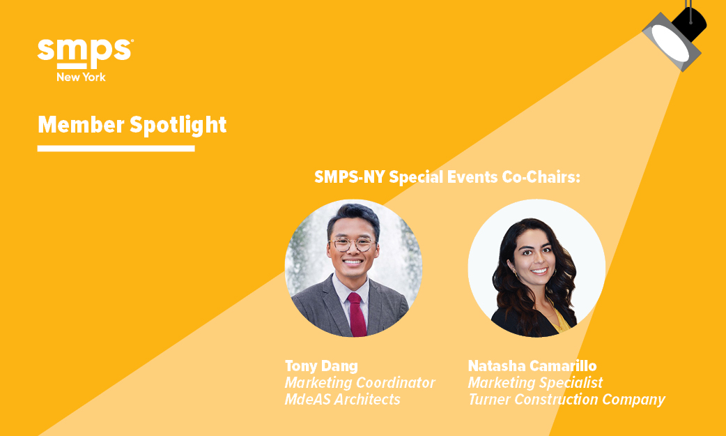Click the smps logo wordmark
click(86, 52)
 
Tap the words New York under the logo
click(81, 77)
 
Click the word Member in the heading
click(81, 125)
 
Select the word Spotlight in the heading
click(178, 126)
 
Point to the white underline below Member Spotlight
click(116, 149)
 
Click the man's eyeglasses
click(352, 243)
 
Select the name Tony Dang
click(321, 366)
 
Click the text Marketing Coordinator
click(360, 383)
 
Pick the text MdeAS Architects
click(342, 399)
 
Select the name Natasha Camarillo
click(532, 366)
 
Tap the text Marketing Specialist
click(535, 383)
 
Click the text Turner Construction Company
click(566, 400)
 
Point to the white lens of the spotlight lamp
click(670, 43)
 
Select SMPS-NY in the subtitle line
click(350, 176)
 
